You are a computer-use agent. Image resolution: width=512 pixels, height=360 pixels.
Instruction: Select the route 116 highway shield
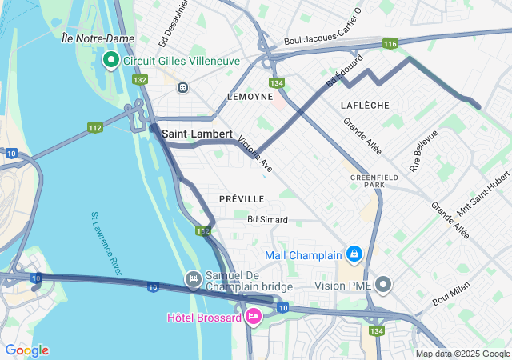(390, 44)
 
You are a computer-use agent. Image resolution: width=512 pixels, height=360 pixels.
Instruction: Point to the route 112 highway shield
(95, 128)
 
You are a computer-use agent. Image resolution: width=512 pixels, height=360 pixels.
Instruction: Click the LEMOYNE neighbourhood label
(250, 96)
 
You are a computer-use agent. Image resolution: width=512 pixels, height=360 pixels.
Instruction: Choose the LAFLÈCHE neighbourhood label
(364, 105)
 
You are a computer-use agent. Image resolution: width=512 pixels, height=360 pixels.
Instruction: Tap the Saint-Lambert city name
(197, 134)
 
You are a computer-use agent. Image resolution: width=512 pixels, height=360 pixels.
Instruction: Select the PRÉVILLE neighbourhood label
(242, 198)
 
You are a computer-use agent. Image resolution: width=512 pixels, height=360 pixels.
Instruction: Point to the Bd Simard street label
(267, 219)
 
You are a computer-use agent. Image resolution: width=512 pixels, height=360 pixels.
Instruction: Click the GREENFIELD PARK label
(368, 181)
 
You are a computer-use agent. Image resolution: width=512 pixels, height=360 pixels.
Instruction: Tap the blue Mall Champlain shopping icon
(354, 255)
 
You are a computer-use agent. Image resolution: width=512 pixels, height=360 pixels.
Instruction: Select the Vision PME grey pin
(384, 285)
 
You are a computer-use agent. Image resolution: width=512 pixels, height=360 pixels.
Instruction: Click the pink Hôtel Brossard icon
(254, 317)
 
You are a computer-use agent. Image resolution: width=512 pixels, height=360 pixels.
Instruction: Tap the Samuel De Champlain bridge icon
(193, 279)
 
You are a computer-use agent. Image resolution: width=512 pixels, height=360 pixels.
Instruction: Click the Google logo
(26, 350)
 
